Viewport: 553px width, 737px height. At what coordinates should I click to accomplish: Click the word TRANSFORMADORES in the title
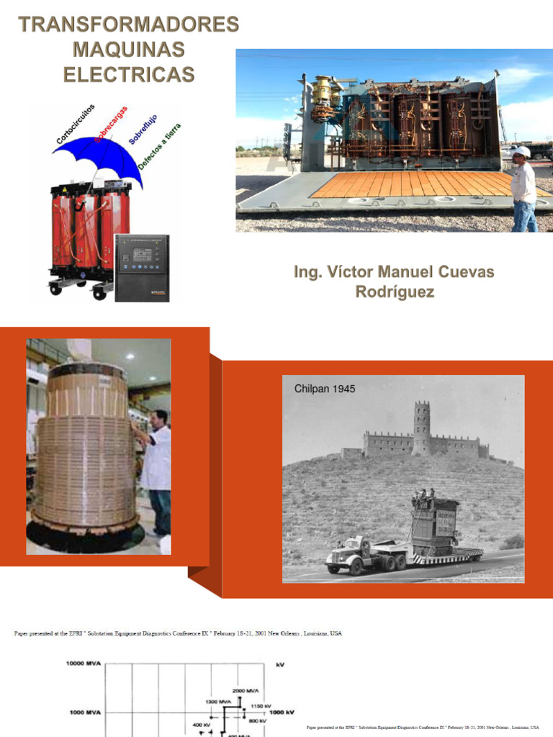[x=129, y=24]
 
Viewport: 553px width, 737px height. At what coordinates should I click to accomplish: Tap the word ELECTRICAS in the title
[x=129, y=74]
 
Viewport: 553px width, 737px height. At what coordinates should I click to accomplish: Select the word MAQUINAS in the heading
[x=129, y=50]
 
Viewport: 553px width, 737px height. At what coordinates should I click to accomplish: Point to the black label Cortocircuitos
[x=75, y=123]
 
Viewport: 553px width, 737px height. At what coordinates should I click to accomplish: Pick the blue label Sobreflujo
[x=143, y=129]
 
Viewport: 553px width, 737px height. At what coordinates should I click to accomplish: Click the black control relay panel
[x=142, y=267]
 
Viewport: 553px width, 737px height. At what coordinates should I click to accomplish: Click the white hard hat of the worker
[x=521, y=151]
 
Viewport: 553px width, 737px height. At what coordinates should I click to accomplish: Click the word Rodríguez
[x=395, y=292]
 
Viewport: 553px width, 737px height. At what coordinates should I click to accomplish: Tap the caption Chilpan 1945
[x=325, y=389]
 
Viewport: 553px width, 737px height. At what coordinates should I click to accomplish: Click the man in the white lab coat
[x=156, y=461]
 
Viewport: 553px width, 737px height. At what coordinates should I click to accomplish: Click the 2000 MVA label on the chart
[x=245, y=690]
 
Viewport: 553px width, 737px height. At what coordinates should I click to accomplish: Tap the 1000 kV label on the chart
[x=282, y=713]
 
